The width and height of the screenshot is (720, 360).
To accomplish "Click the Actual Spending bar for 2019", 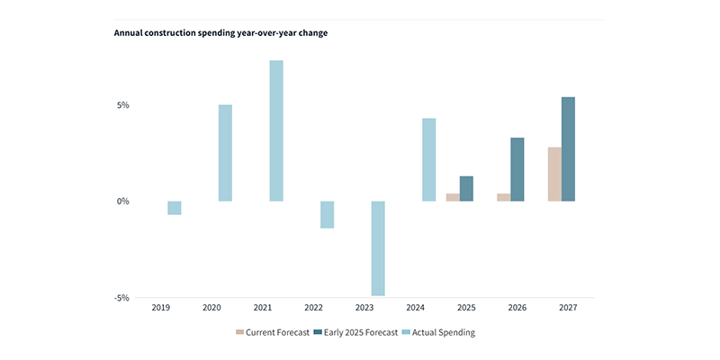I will [x=175, y=208].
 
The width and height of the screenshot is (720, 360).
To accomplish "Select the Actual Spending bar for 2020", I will [x=225, y=153].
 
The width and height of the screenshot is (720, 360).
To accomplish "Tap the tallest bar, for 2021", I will [x=276, y=130].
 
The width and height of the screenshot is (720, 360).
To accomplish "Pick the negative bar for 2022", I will [x=328, y=214].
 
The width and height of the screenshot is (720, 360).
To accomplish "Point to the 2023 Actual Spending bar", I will [x=378, y=248].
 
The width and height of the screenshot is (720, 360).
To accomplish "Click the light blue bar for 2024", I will [x=429, y=159].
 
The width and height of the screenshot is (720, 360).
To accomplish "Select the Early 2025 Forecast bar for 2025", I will [x=466, y=188].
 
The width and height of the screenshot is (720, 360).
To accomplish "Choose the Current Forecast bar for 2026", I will [x=503, y=197].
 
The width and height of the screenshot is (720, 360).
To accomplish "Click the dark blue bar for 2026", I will [x=517, y=169].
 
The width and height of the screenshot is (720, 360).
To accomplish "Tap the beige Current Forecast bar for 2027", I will [x=554, y=174].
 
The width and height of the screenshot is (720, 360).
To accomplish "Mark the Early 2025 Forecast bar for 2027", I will [x=569, y=148].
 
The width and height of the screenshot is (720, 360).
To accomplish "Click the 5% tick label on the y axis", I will [x=122, y=105].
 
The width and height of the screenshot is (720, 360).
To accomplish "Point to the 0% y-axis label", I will [x=122, y=201].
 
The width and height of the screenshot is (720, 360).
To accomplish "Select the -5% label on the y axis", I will [x=121, y=298].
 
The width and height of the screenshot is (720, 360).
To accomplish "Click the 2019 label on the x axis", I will [x=160, y=308].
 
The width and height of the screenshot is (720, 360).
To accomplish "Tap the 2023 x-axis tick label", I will [x=364, y=308].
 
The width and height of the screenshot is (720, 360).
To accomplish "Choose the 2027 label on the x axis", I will [x=567, y=308].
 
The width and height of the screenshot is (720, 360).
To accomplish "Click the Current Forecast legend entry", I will [x=273, y=331].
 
